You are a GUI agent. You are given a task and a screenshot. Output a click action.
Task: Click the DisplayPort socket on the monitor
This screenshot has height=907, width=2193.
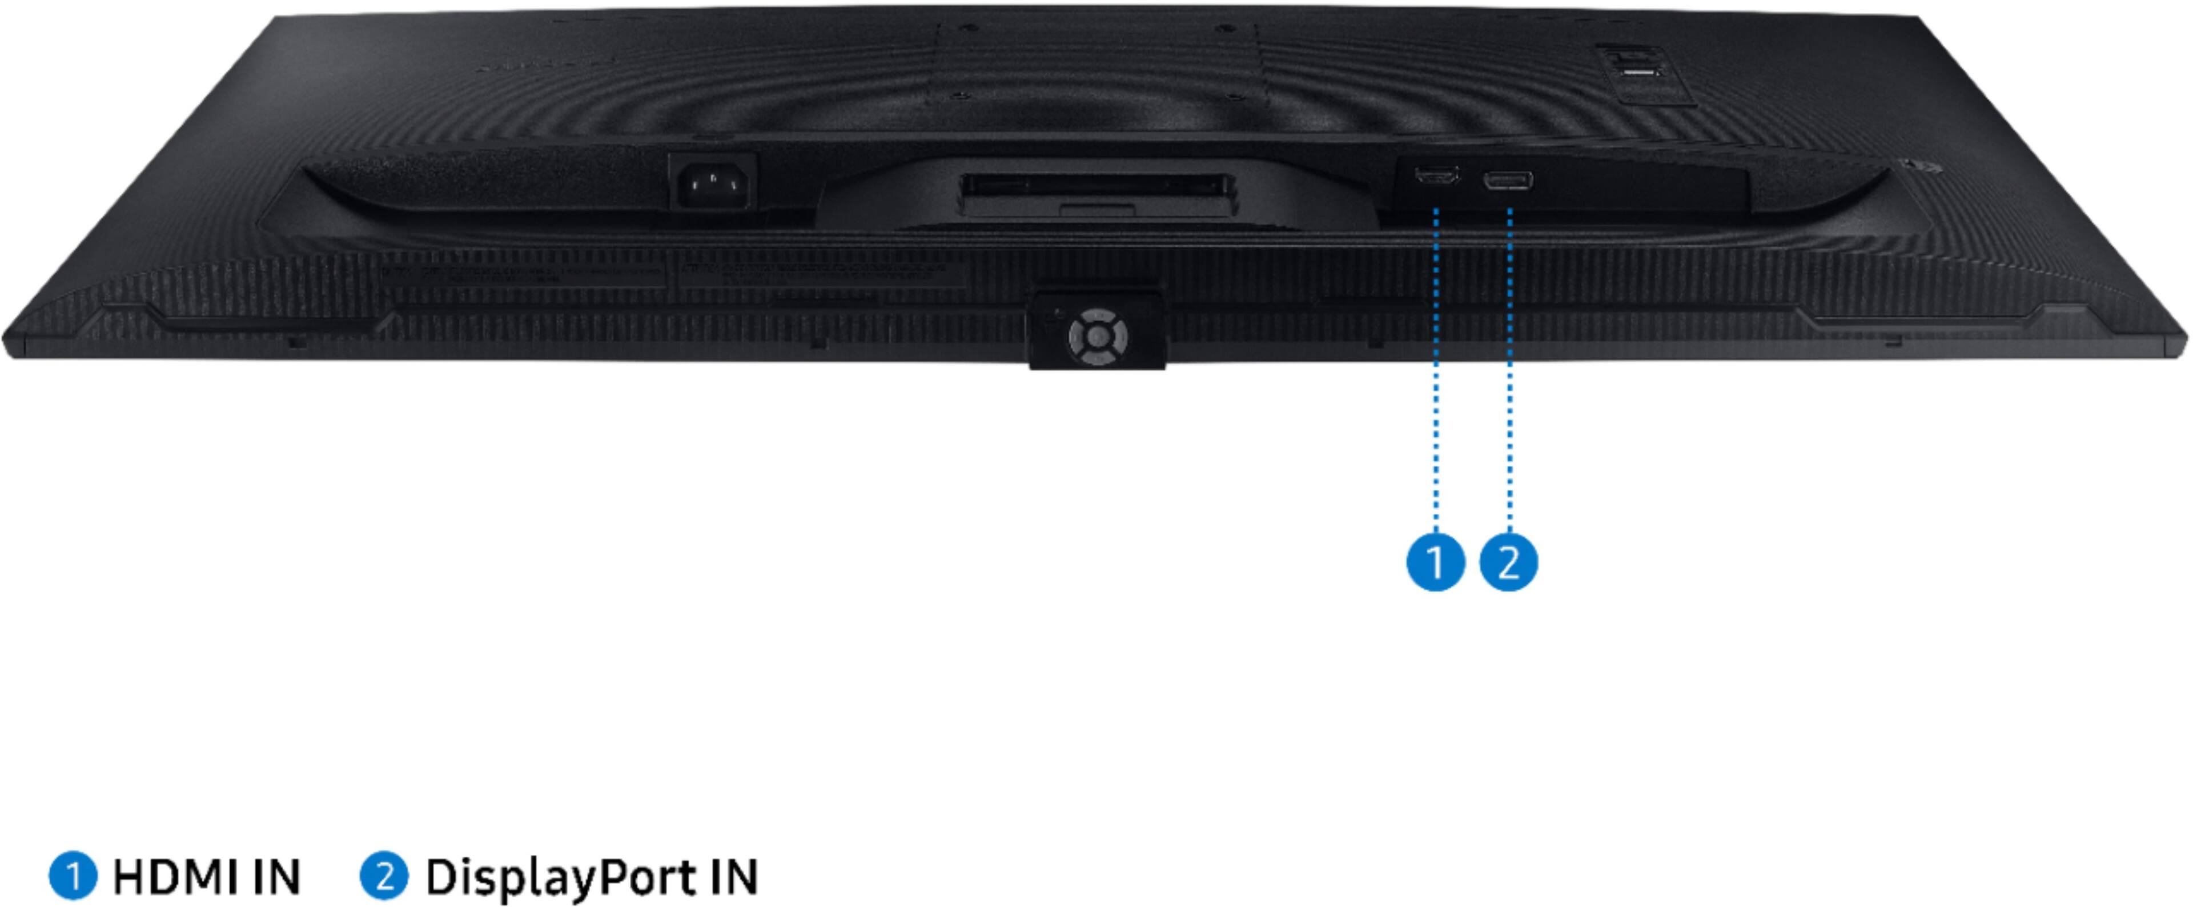tap(1508, 181)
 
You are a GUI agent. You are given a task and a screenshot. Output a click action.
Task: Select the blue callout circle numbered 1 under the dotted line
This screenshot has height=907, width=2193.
tap(1435, 562)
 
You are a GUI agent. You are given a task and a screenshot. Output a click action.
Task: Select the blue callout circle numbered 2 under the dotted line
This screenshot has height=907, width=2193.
tap(1508, 562)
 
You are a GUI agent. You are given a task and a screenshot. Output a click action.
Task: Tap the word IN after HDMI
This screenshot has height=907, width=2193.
tap(274, 877)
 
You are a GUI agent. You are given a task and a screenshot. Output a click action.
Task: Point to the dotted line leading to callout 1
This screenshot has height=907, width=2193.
tap(1436, 366)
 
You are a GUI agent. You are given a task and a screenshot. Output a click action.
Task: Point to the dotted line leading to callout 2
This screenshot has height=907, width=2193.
tap(1509, 366)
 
